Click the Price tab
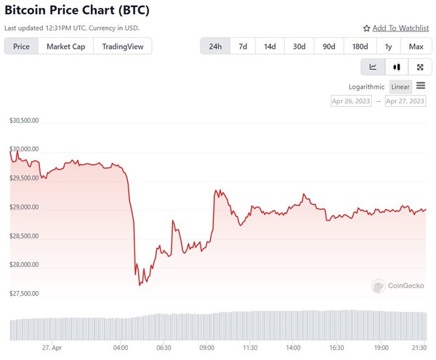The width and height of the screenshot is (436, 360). pos(21,47)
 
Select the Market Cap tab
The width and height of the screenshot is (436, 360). pos(65,47)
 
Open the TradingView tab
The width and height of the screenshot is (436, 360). pos(123,47)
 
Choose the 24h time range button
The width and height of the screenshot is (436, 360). pos(215,47)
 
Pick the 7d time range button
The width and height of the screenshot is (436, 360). pos(243,47)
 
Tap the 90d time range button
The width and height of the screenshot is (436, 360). pos(328,47)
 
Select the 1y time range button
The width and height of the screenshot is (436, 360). pos(388,47)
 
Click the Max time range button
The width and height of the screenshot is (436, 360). pos(416,47)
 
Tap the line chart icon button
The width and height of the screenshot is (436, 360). pos(373,67)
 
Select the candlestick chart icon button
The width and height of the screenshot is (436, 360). pos(396,67)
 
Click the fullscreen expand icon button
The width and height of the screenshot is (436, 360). pos(419,67)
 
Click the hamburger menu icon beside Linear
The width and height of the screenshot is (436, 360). pos(421,86)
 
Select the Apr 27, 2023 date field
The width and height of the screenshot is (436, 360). pos(405,101)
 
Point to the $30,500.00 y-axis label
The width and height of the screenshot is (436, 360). pos(24,121)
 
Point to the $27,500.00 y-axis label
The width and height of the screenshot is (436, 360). pos(24,294)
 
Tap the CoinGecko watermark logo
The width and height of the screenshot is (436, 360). pos(400,287)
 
